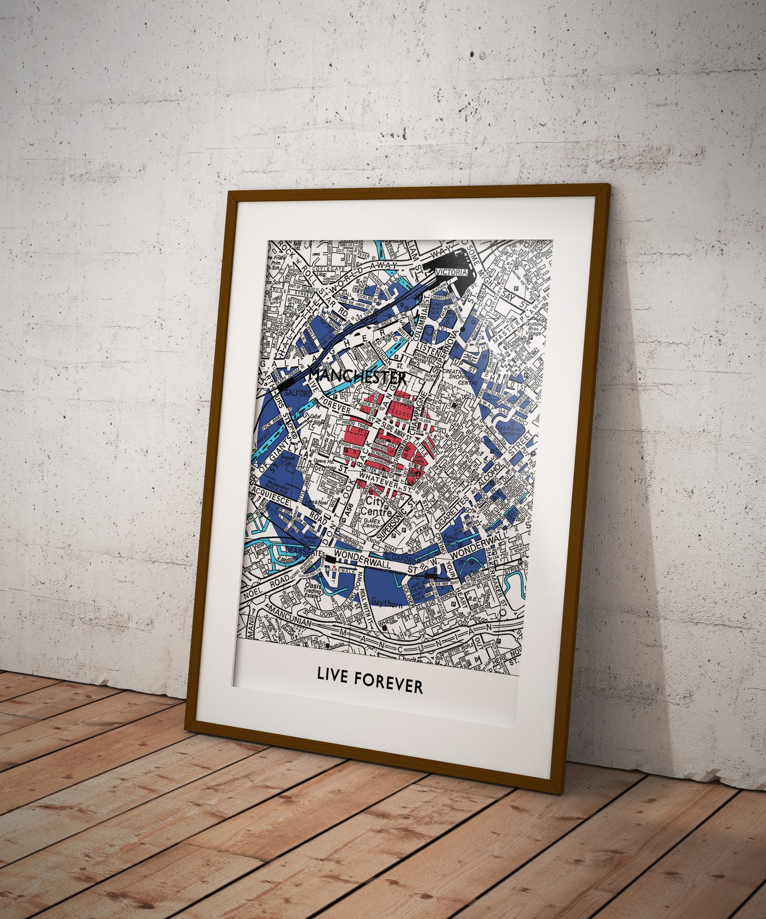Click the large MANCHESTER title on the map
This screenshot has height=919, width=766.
click(x=357, y=376)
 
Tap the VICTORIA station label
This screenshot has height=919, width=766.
click(x=451, y=272)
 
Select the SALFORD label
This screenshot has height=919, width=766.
click(x=299, y=393)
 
